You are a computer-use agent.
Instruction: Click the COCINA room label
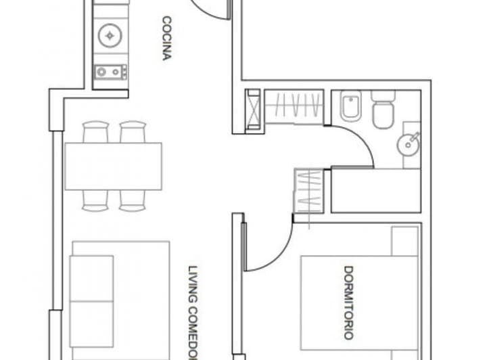point(165,39)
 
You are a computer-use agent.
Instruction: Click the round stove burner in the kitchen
point(110,35)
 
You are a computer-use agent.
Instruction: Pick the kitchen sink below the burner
point(110,71)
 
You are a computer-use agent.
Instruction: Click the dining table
point(113,166)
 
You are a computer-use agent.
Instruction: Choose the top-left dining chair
point(95,131)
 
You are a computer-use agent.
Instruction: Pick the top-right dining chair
point(133,131)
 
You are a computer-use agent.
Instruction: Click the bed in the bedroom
point(358,305)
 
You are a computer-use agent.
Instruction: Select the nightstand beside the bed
point(404,241)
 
